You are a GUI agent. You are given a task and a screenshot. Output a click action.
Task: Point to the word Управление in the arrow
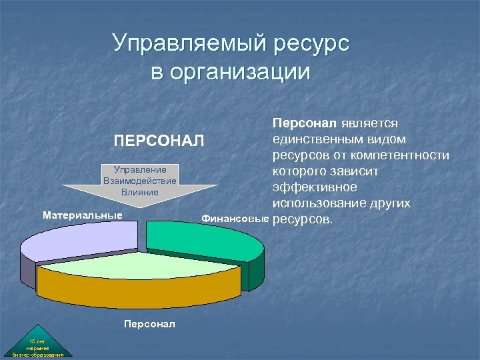click(140, 170)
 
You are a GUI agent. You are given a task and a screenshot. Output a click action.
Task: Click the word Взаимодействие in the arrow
click(140, 181)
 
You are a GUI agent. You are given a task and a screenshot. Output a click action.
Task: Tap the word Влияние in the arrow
click(140, 192)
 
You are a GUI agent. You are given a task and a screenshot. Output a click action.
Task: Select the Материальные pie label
click(83, 215)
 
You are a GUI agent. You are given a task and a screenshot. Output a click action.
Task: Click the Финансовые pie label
click(235, 218)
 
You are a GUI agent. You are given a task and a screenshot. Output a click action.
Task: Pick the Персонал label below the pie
click(149, 323)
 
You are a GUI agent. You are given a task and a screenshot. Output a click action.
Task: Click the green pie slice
click(200, 237)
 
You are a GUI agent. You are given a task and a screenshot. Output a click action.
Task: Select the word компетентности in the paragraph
click(406, 155)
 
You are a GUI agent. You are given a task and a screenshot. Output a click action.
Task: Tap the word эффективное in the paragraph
click(314, 187)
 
